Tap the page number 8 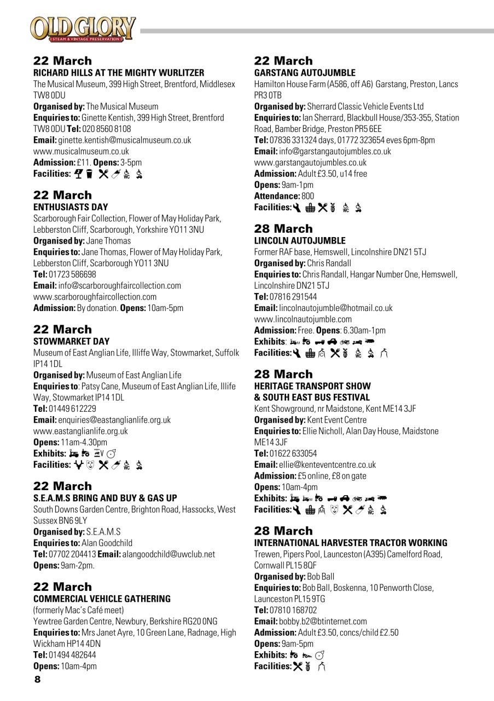click(37, 680)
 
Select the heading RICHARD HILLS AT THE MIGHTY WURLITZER click(119, 73)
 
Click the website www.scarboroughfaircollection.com click(95, 297)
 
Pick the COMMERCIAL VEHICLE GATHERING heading click(102, 599)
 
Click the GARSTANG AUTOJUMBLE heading click(305, 73)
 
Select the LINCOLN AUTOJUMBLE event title click(300, 240)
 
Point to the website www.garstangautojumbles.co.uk click(310, 163)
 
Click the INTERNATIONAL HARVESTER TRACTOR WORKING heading click(351, 543)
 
